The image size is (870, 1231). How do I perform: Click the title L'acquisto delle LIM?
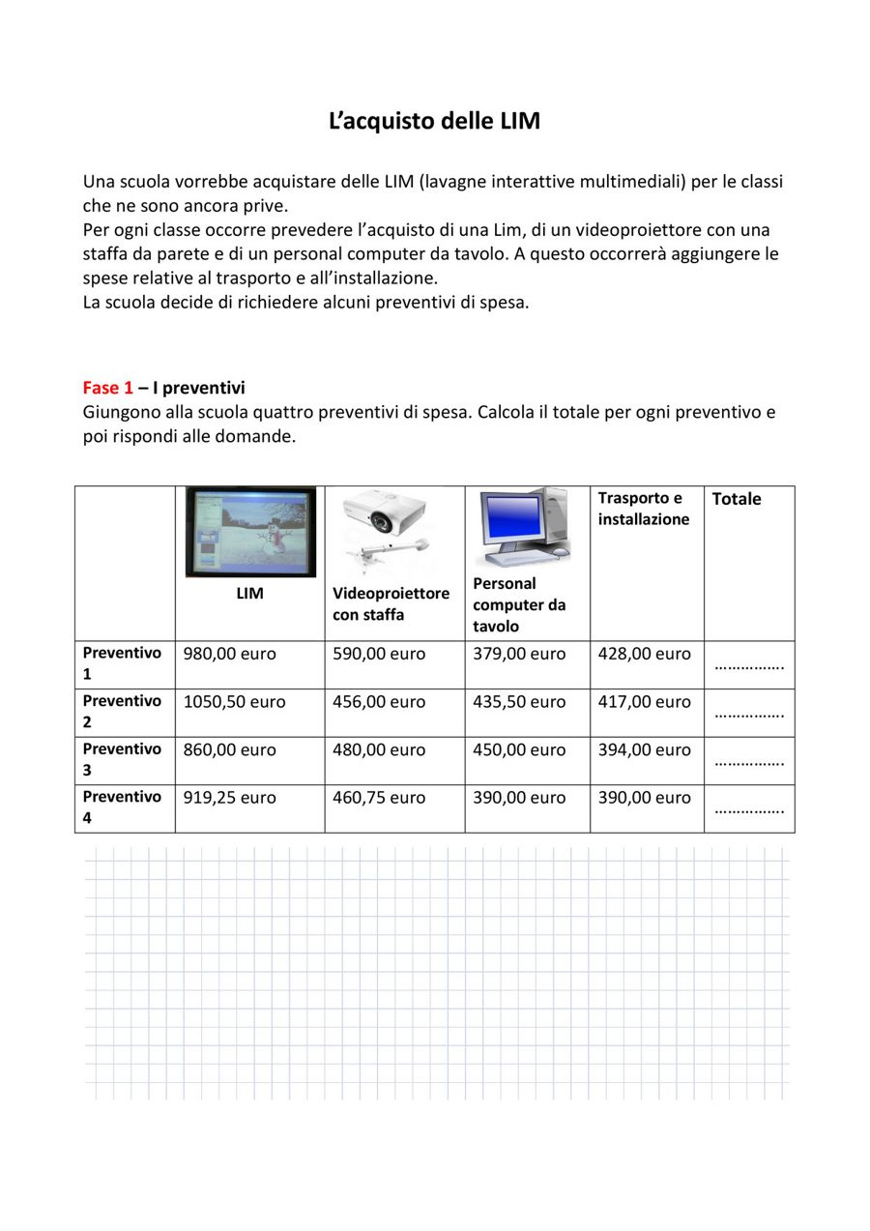coord(434,122)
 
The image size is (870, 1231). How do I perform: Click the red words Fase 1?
coord(107,388)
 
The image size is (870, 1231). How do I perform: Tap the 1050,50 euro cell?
coord(235,702)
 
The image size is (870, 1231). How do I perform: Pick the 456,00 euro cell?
coord(379,702)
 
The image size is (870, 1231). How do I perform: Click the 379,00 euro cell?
coord(519,655)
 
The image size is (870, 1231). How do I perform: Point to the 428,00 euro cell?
coord(644,655)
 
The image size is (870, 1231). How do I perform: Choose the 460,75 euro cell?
coord(379,798)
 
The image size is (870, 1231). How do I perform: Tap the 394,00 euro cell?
coord(644,750)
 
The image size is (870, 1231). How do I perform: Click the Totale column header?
coord(737,499)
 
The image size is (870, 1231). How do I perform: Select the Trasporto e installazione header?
coord(644,509)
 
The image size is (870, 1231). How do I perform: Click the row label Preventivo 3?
coord(122,759)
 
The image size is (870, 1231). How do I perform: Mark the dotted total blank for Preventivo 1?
coord(749,665)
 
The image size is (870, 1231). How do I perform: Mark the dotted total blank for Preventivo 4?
coord(749,809)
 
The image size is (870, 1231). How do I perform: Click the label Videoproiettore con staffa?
coord(391,604)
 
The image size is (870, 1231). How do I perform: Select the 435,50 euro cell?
coord(519,702)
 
